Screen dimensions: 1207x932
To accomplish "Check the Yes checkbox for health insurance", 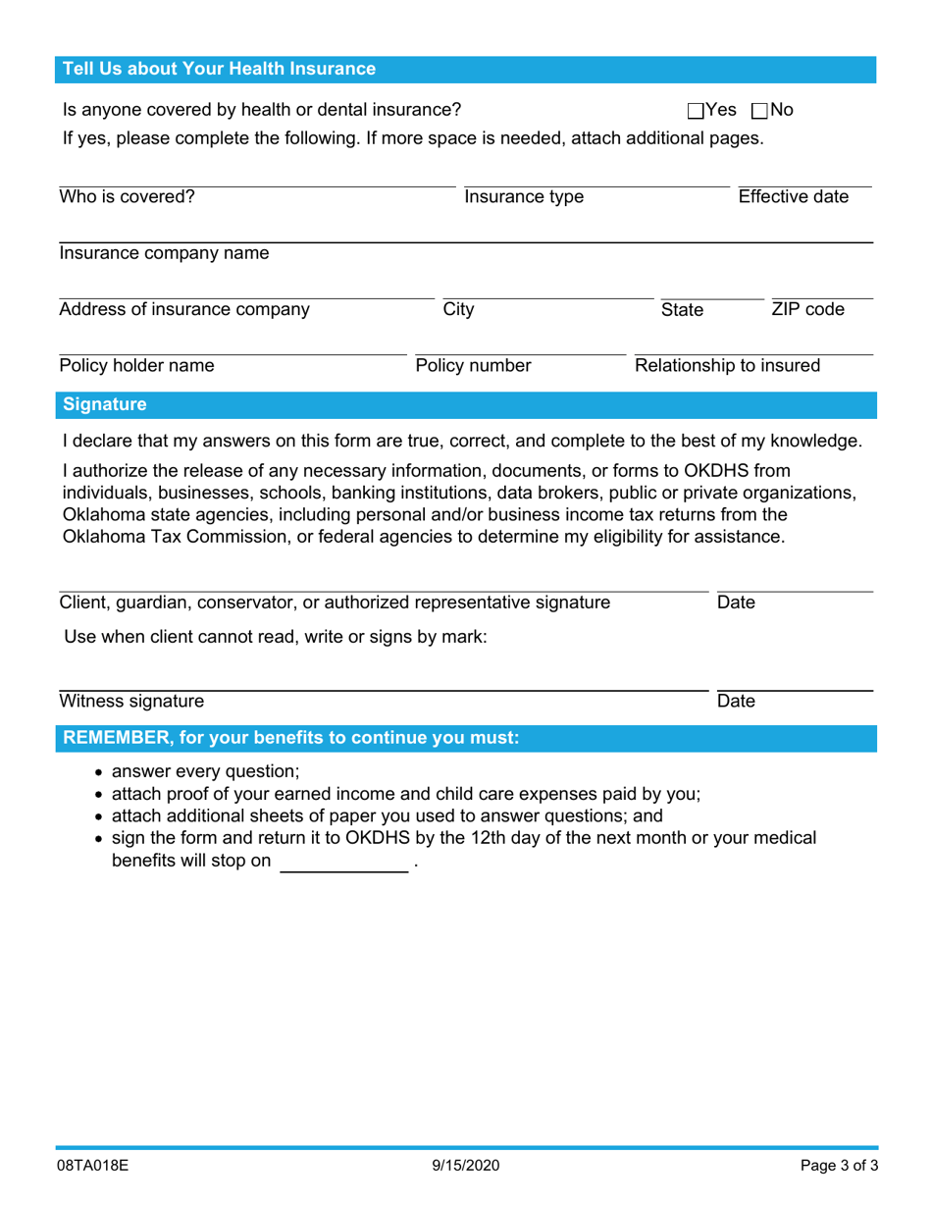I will [696, 111].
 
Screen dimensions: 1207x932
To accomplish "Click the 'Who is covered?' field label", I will [128, 196].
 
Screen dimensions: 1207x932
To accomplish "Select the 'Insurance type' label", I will [524, 197].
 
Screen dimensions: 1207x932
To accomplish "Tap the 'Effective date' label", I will [793, 196].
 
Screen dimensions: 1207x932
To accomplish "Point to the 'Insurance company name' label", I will [164, 253].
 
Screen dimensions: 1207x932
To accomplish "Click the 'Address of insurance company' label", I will [184, 310].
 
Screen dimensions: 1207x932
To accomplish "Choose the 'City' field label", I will [458, 310].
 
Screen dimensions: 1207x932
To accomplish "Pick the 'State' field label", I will [682, 310].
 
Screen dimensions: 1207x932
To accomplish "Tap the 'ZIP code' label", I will [807, 310].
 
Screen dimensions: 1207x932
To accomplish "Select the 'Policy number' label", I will [474, 366].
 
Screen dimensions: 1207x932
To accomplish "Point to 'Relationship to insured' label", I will [728, 366].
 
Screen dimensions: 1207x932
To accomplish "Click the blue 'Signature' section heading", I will [105, 404].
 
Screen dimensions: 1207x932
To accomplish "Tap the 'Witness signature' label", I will [132, 701].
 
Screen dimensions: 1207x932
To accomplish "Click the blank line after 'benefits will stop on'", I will [343, 864].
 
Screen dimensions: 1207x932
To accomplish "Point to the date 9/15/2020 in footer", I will [466, 1166].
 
